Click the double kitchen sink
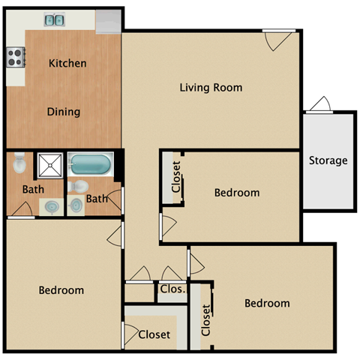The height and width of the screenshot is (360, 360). [54, 19]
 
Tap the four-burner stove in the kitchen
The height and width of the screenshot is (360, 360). [16, 55]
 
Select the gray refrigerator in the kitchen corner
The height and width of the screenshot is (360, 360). [107, 21]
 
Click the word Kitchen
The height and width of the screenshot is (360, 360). [67, 64]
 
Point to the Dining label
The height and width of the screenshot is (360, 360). [64, 112]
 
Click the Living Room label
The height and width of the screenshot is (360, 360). [211, 88]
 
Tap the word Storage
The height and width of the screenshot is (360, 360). [328, 160]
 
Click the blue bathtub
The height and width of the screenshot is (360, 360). [90, 163]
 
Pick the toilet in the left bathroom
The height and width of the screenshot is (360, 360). [20, 163]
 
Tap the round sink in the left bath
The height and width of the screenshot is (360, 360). [52, 205]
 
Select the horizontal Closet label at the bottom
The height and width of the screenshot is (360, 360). [154, 334]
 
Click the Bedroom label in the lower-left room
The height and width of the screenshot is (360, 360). [61, 290]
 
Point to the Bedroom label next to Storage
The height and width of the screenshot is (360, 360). [237, 193]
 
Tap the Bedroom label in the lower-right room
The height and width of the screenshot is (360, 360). [267, 304]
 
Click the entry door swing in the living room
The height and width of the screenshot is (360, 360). [275, 40]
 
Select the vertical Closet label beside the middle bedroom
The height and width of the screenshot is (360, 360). [176, 177]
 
